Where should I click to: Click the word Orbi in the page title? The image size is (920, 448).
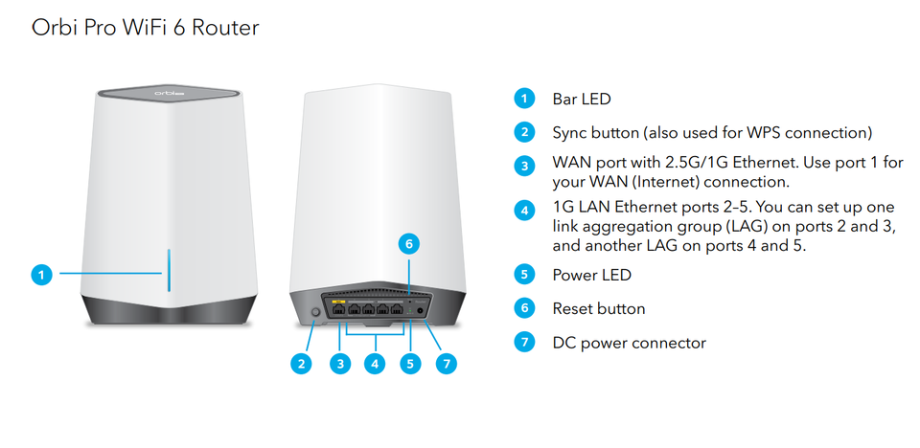click(57, 27)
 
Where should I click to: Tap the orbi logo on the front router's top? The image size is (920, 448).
click(168, 94)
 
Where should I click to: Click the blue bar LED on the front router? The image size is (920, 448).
click(169, 273)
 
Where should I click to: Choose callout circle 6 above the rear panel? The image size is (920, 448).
click(409, 244)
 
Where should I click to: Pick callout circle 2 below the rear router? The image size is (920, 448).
click(301, 363)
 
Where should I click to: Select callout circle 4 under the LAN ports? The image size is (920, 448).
click(375, 363)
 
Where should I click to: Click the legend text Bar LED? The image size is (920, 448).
click(581, 99)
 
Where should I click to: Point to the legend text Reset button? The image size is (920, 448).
click(598, 308)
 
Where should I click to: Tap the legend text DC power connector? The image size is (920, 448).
click(629, 342)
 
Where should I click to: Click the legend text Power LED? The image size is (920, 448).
click(591, 275)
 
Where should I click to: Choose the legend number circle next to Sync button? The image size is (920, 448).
click(523, 132)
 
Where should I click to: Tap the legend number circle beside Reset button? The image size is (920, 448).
click(523, 308)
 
